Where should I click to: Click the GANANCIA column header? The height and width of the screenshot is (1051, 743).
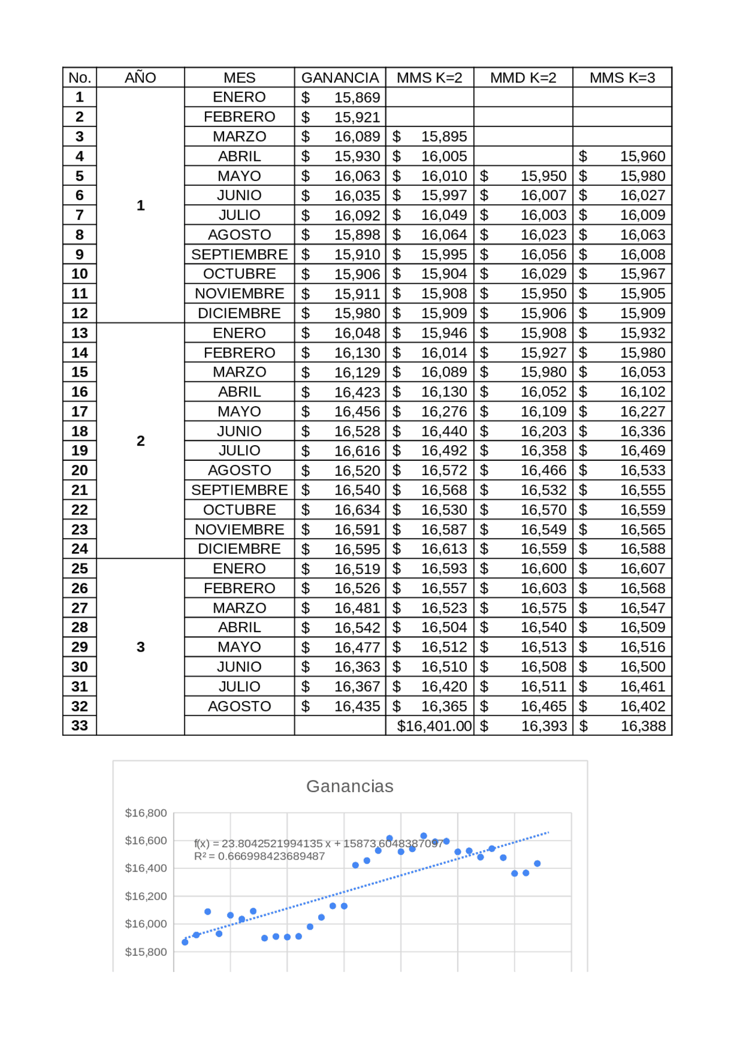coord(340,78)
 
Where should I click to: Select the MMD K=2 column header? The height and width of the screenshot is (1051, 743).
coord(523,78)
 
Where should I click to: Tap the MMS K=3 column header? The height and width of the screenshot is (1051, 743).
coord(622,78)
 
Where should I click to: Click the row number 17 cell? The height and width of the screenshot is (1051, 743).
coord(80,411)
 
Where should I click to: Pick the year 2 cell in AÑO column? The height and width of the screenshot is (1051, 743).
coord(140,441)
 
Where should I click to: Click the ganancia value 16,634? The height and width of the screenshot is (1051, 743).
coord(356,510)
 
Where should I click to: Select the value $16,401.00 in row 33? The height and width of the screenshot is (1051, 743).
coord(434,726)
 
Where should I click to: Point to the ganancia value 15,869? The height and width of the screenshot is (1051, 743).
coord(356,97)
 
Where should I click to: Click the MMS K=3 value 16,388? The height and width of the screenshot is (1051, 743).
coord(643,726)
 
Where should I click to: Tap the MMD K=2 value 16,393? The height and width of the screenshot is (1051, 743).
coord(543,726)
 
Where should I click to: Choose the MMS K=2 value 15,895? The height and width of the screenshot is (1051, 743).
coord(443,137)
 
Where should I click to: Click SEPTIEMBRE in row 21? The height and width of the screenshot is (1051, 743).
coord(239,490)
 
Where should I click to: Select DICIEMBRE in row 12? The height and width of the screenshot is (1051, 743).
coord(239,313)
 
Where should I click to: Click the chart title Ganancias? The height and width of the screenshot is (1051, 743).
coord(349,786)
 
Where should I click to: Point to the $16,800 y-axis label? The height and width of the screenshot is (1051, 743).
coord(146,813)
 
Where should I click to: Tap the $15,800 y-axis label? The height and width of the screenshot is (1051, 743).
coord(146,952)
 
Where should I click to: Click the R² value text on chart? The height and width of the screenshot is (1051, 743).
coord(259,857)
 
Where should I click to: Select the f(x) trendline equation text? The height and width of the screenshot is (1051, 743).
coord(318,843)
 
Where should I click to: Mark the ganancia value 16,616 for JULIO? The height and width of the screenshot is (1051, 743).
coord(356,451)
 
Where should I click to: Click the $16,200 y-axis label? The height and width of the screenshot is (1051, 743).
coord(146,896)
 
